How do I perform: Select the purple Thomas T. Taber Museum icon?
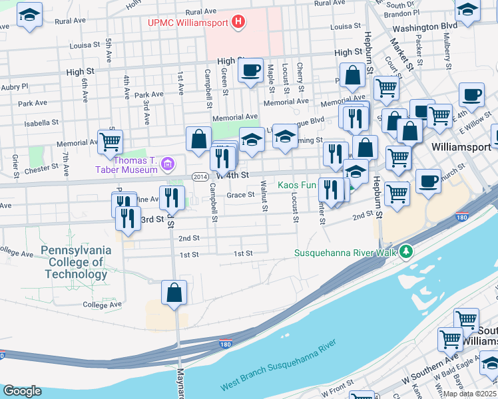click(x=168, y=163)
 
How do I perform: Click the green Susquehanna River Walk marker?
click(x=405, y=252)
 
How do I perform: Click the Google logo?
click(x=22, y=391)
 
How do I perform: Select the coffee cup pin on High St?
click(x=250, y=70)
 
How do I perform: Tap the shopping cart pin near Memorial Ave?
click(x=110, y=141)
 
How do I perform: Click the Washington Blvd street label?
click(x=424, y=27)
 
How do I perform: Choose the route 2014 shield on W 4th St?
click(x=200, y=176)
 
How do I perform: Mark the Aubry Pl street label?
click(x=15, y=86)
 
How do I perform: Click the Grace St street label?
click(x=240, y=195)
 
